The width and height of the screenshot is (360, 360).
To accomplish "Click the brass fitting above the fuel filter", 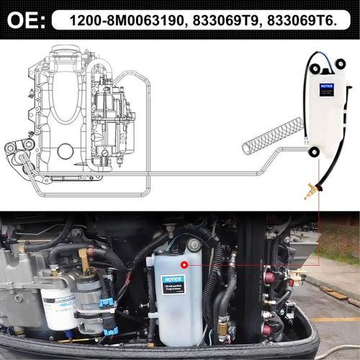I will pos(85,255).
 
